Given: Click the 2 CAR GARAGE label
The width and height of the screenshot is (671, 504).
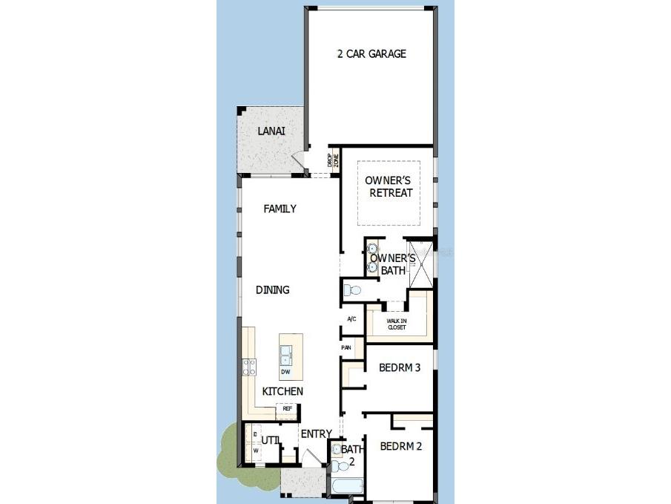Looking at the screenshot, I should pos(371,53).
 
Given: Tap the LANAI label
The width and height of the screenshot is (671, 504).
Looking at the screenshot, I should pos(271,131).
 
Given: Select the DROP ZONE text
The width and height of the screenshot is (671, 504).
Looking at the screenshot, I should pos(333,162).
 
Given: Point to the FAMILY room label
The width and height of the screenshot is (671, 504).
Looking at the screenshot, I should pos(280,209).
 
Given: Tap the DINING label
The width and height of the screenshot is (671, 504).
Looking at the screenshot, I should pos(272,289).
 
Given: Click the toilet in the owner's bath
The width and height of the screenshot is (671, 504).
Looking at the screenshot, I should pos(351,289).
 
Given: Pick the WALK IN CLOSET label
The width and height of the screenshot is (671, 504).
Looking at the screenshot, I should pos(397,324).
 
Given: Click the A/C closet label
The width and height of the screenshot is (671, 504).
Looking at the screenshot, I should pos(352,318).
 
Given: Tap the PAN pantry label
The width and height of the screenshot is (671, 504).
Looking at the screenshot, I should pos(346,347).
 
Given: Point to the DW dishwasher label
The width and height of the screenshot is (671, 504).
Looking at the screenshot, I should pos(285,371).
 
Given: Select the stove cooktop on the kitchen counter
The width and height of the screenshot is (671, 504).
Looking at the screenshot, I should pos(249,366).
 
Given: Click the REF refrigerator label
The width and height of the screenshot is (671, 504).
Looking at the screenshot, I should pos(287,408).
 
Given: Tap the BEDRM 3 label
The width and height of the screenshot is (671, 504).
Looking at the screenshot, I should pos(400,367).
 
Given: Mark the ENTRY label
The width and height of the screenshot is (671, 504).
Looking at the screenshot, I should pos(316,434).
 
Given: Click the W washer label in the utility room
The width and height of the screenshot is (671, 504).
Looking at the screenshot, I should pos(256,450).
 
